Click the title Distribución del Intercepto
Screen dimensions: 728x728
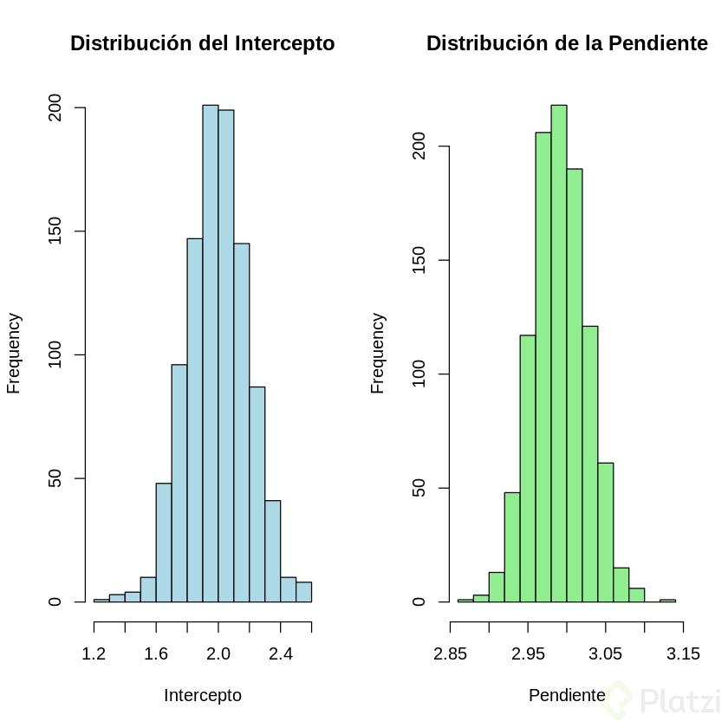(x=202, y=44)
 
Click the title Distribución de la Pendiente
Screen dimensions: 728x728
(x=567, y=44)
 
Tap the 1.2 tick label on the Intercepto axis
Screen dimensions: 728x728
(x=94, y=654)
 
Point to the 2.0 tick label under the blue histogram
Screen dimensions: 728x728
(x=218, y=654)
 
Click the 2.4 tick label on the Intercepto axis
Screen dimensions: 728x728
(x=281, y=654)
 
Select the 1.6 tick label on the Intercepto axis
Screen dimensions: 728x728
(x=156, y=654)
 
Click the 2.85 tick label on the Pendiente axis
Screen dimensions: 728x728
(x=451, y=654)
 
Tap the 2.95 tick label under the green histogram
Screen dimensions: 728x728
(x=528, y=654)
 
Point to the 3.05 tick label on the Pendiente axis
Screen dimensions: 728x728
(x=606, y=654)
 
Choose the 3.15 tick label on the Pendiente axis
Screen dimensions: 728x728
(x=683, y=654)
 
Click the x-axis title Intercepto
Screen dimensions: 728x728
(x=203, y=696)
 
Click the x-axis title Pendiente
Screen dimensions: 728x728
(x=567, y=696)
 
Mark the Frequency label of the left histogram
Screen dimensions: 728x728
(x=14, y=354)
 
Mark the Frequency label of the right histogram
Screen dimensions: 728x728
(x=378, y=354)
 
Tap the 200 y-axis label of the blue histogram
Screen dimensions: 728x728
(x=55, y=108)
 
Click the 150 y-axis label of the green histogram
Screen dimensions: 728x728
(x=419, y=261)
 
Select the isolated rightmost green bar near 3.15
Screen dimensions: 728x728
(x=667, y=600)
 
